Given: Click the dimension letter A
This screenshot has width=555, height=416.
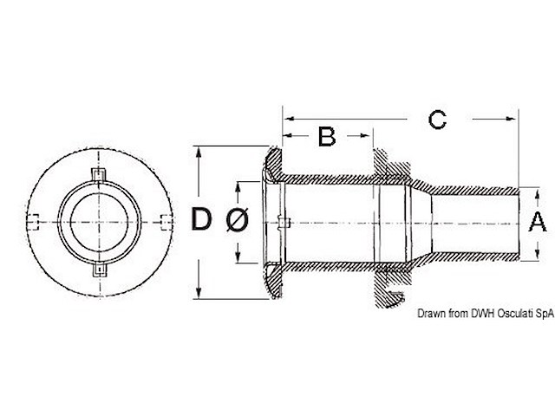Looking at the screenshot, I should coord(538,222).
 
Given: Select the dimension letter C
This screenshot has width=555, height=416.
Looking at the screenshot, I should coord(438,119).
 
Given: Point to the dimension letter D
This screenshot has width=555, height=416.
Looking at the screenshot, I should coord(201,222).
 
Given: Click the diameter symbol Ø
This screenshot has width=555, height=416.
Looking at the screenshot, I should coord(237,222).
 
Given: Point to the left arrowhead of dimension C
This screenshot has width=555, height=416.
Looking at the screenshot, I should coord(290,116).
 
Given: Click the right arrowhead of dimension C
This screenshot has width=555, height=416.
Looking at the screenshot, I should coord(515,116).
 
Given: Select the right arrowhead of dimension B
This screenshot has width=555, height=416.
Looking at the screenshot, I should coord(369,135).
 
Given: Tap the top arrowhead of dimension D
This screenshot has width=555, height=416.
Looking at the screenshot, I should coord(201,152).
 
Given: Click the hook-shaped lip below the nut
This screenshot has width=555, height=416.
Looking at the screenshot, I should coord(396,299).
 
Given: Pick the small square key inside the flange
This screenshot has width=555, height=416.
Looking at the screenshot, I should coord(287,224).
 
